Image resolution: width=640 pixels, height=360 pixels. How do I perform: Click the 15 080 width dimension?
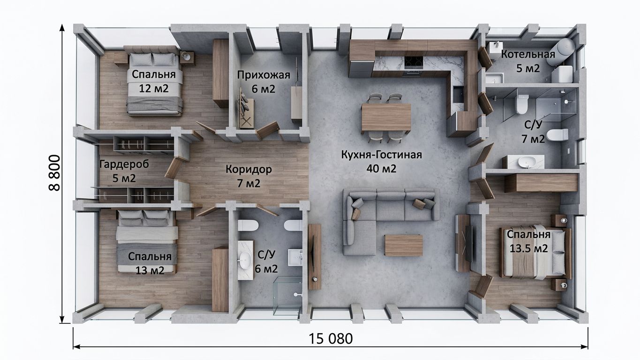pos(331,339)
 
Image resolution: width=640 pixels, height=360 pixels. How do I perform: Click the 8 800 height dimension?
pos(54,173)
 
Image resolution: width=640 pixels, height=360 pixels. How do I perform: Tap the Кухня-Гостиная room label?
pos(382,155)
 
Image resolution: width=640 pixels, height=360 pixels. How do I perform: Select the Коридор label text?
pos(248,169)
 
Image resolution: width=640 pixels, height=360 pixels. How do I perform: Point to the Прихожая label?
pos(264,75)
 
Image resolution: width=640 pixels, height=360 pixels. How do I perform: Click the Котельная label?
pos(528,54)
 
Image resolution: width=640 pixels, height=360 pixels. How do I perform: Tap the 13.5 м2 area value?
pos(528,248)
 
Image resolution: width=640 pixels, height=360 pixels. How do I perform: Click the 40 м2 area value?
pos(382,169)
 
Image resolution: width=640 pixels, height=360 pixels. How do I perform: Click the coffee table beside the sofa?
pos(404,245)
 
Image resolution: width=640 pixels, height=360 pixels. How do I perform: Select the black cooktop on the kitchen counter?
pos(414,62)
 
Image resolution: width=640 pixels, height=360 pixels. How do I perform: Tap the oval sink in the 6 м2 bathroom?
pos(245,260)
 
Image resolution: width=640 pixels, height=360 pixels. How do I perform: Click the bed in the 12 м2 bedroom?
pos(154,81)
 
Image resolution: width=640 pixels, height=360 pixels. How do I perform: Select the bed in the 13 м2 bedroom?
pos(147,241)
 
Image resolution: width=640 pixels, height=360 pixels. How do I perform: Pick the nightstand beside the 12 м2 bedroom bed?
pos(187,57)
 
